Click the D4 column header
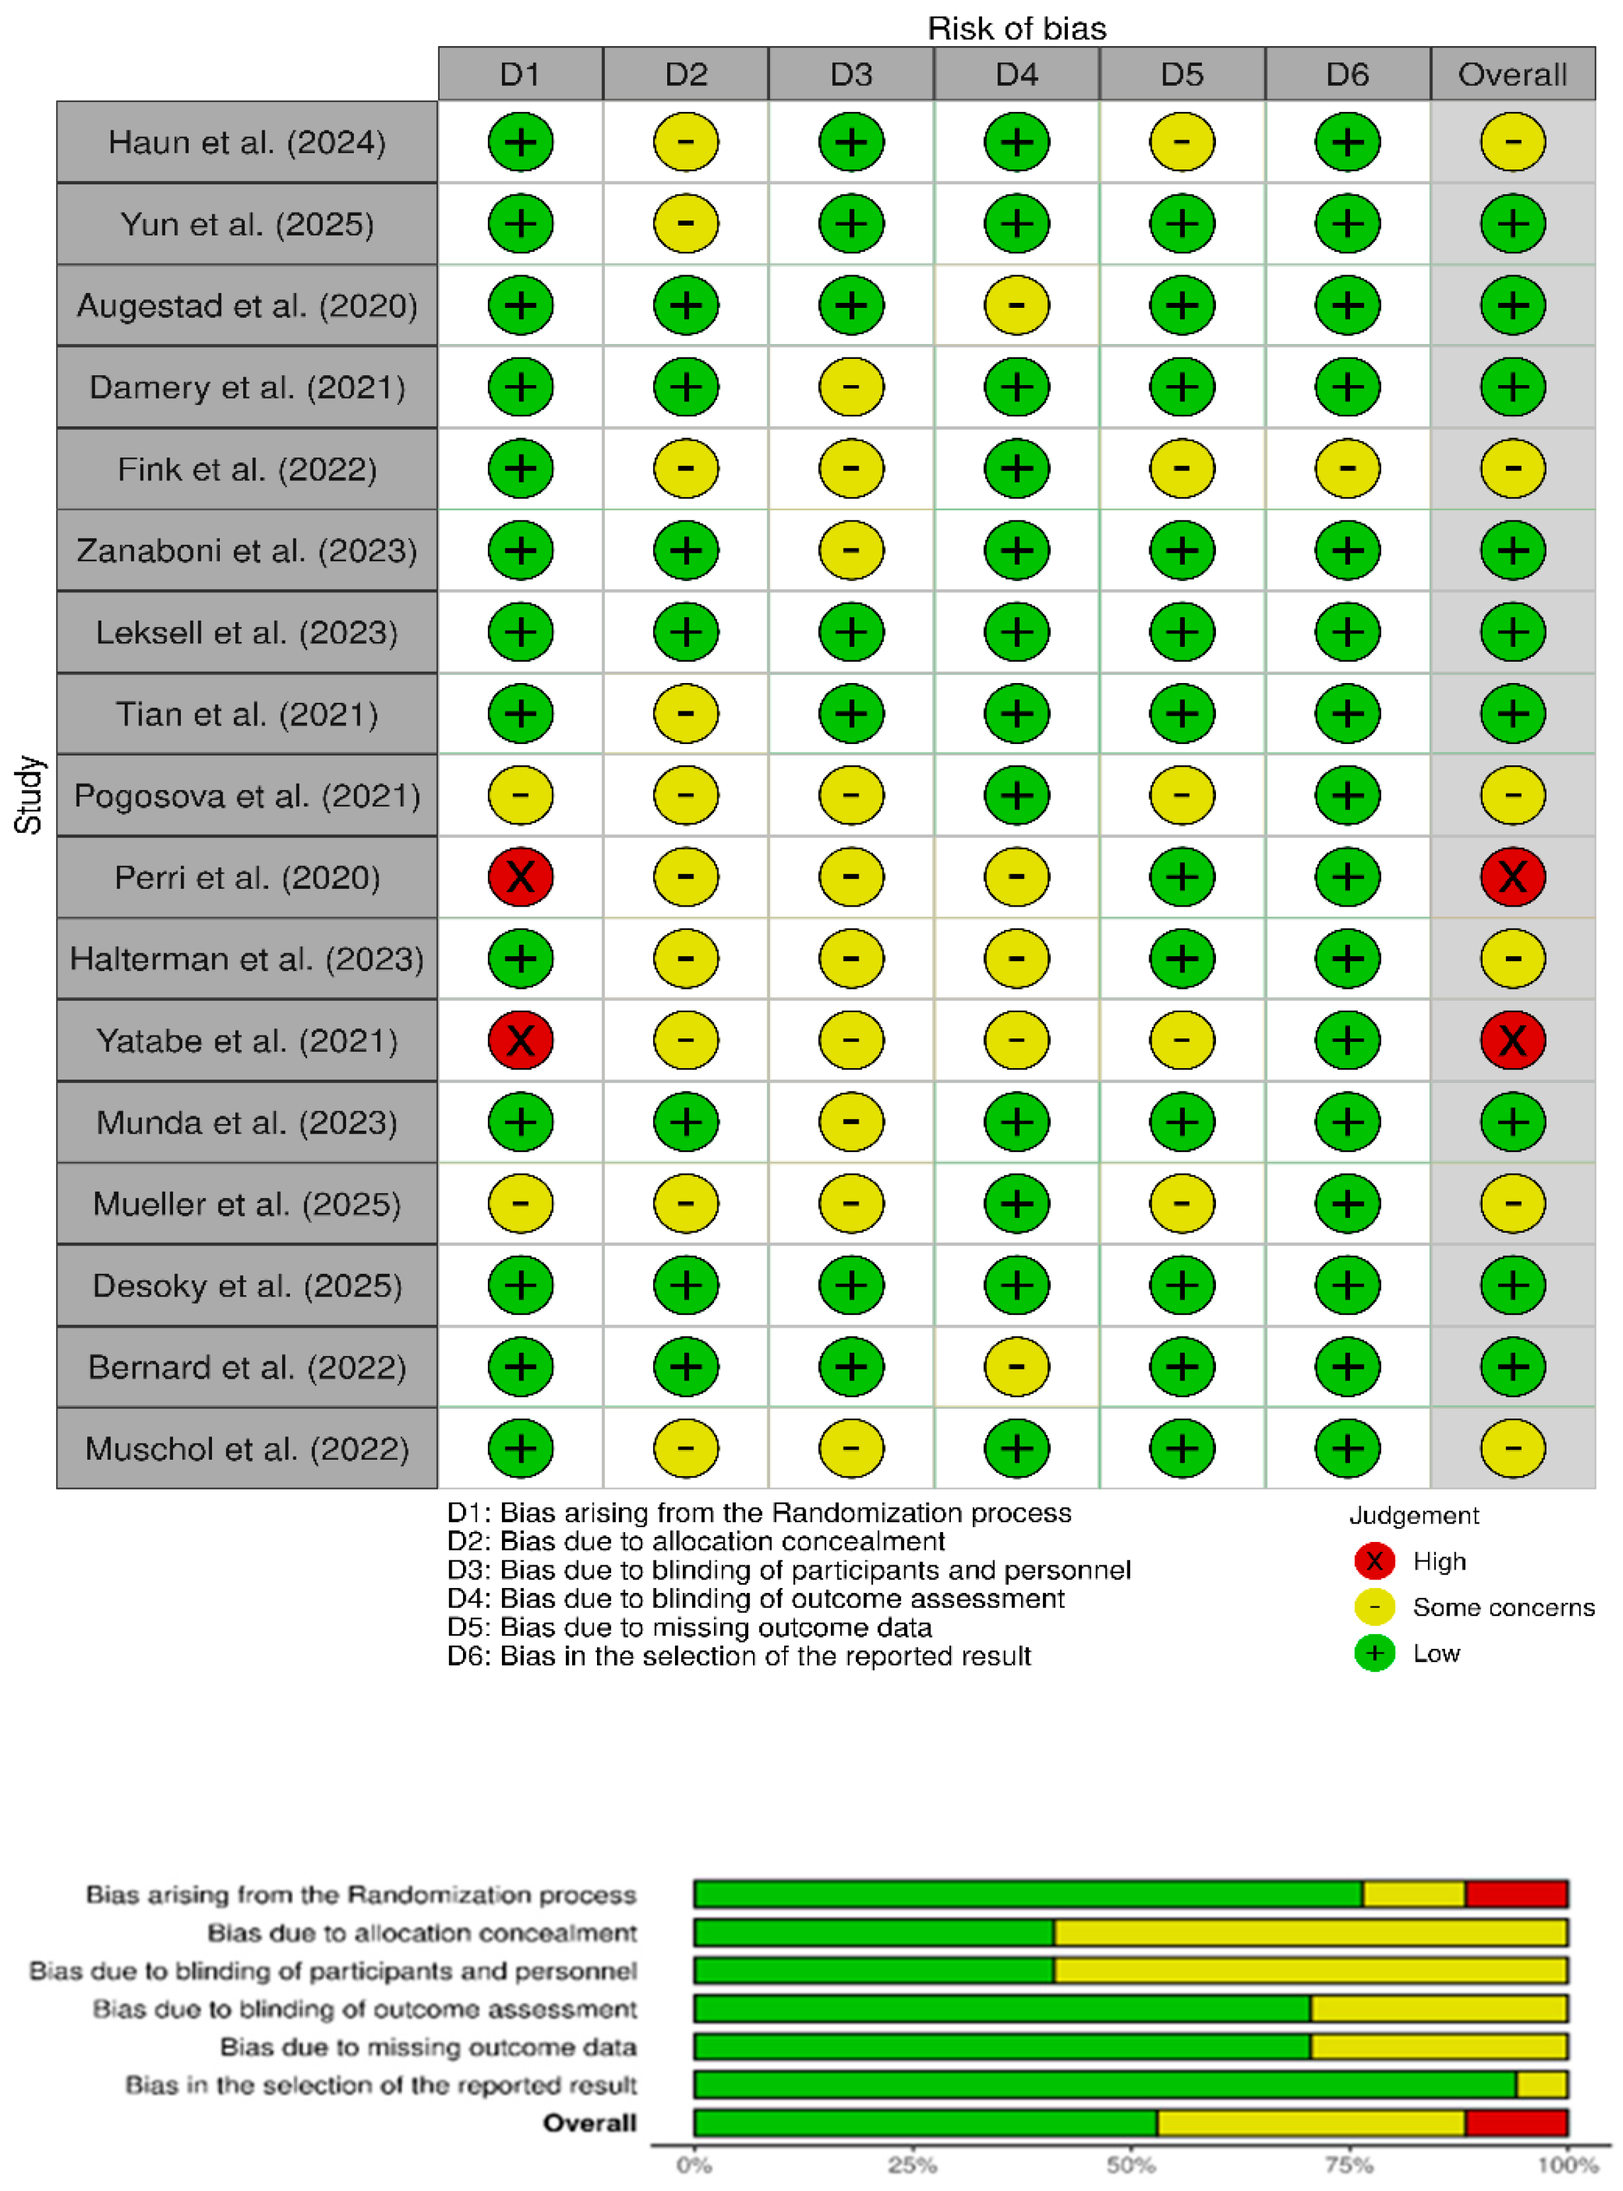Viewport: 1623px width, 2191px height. coord(1016,74)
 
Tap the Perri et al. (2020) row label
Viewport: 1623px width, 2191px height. coord(247,877)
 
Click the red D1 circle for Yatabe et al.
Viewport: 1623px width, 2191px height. coord(520,1041)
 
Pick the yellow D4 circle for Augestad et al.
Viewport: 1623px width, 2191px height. coord(1016,306)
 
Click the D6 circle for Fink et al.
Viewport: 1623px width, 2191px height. coord(1347,469)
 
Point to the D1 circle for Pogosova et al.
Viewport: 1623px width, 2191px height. coord(520,796)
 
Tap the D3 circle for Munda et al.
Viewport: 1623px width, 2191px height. coord(851,1122)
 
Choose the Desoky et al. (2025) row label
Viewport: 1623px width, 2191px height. coord(247,1285)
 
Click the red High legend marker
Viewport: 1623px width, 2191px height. coord(1374,1560)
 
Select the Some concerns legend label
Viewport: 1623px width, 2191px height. coord(1503,1607)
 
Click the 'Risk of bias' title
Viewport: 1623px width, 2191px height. coord(1016,28)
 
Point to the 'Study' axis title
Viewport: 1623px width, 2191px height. coord(28,795)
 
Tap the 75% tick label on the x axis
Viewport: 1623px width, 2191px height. coord(1349,2165)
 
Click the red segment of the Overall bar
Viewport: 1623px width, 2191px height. coord(1516,2123)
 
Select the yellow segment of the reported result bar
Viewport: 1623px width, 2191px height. coord(1541,2085)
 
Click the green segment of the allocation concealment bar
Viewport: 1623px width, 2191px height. coord(874,1933)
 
